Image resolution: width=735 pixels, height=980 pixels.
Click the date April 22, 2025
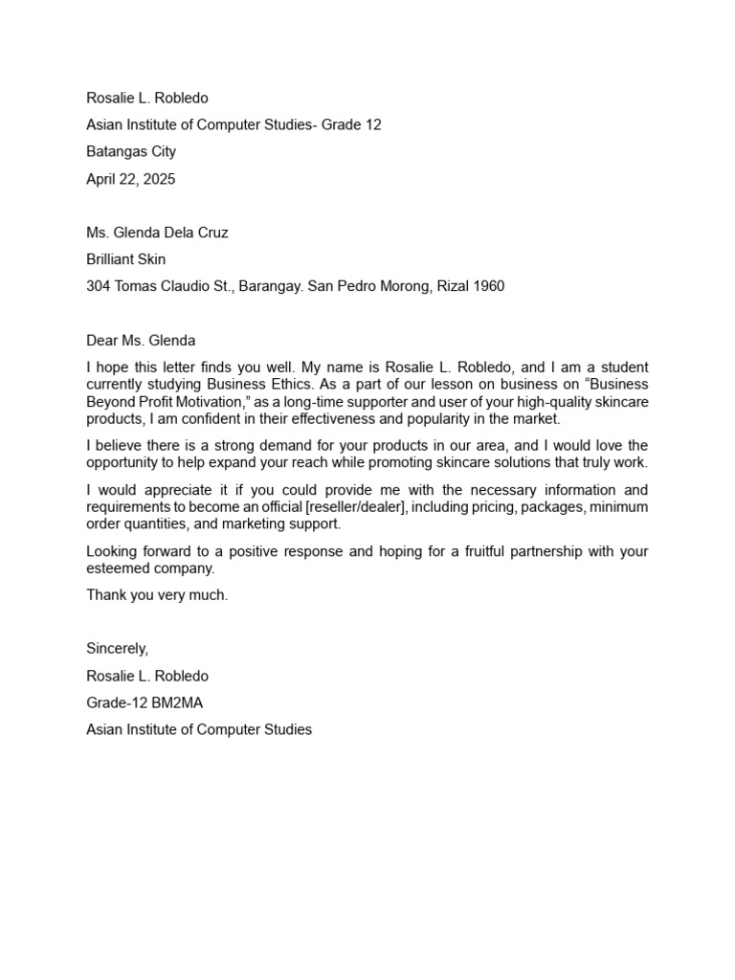click(131, 179)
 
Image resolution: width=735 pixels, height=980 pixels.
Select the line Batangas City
click(131, 152)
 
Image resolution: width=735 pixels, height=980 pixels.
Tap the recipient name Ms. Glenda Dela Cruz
click(157, 233)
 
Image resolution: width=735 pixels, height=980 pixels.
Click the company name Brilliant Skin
click(126, 259)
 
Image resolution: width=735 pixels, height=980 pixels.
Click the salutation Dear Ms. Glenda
click(141, 340)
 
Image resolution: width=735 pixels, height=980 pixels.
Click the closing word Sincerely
click(117, 649)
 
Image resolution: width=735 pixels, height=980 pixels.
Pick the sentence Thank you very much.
click(157, 595)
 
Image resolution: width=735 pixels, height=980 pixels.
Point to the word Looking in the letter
click(111, 551)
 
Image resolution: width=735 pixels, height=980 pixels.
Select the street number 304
click(99, 286)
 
